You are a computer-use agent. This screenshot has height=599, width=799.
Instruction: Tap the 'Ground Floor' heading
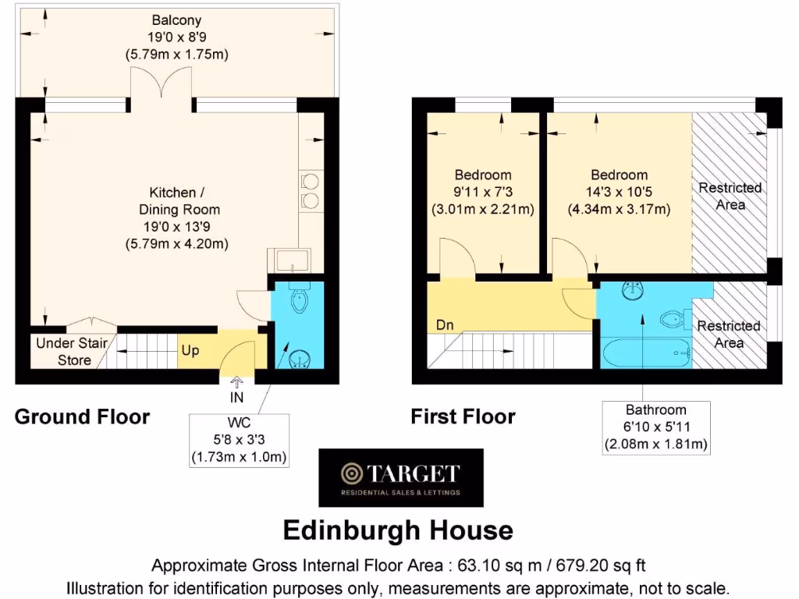(x=82, y=417)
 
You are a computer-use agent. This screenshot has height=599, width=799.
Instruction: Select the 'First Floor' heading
(x=463, y=417)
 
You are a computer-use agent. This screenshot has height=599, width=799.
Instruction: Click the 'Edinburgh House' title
(x=398, y=531)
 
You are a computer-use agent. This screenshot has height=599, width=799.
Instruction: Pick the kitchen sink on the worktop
(x=288, y=259)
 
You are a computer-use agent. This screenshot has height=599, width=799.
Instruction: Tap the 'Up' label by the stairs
(x=190, y=351)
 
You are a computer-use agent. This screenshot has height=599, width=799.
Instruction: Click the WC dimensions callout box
(x=240, y=441)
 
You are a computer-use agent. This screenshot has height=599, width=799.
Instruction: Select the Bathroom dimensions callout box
(x=655, y=427)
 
